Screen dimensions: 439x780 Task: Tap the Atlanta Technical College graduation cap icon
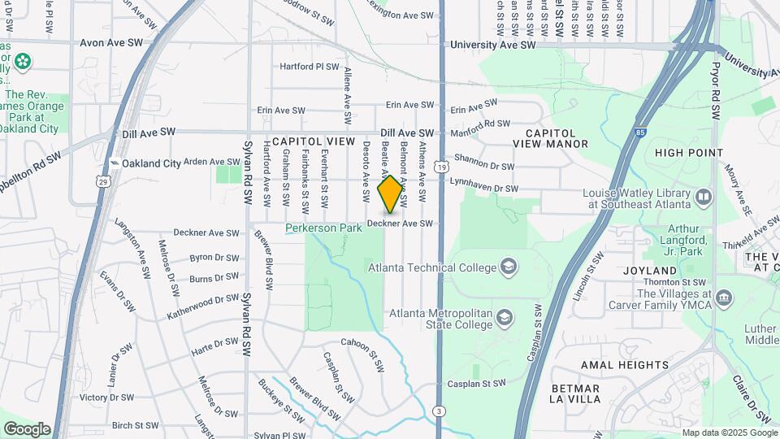[508, 266]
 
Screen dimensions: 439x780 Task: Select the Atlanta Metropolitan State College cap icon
[505, 316]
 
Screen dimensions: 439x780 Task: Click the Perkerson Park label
[323, 228]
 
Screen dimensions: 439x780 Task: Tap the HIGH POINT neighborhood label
[689, 152]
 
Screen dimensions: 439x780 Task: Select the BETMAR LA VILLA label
[574, 394]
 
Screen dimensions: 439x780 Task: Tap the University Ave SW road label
[493, 46]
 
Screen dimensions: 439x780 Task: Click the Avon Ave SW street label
[111, 42]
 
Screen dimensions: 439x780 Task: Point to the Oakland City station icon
[115, 163]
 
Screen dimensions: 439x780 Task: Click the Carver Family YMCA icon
[724, 300]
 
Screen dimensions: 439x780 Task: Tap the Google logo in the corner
[27, 429]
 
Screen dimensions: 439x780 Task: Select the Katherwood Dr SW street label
[203, 306]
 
